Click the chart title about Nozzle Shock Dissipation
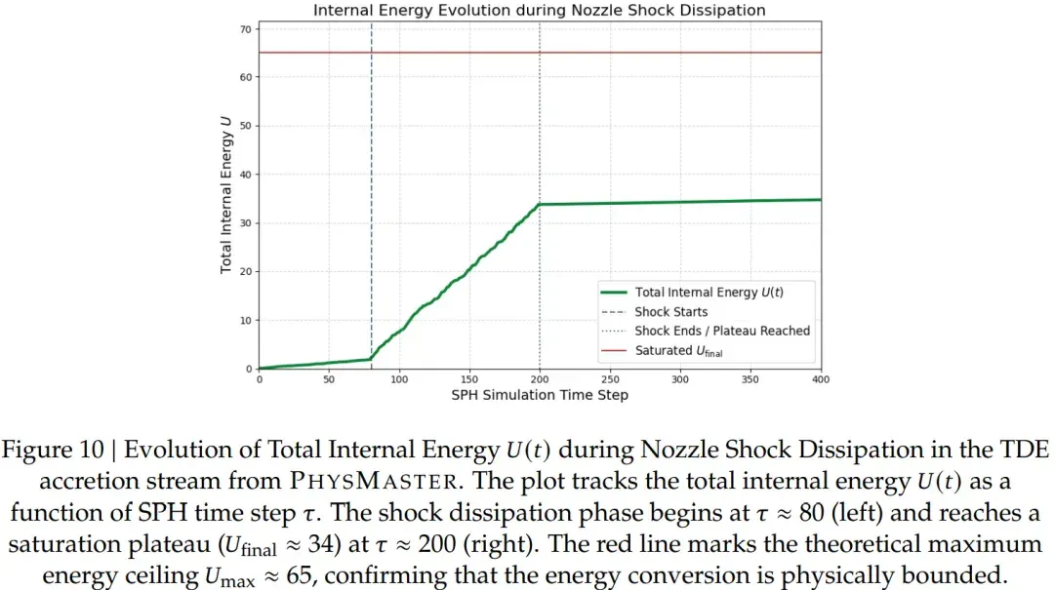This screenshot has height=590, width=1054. (539, 10)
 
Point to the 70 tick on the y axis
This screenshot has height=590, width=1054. (245, 29)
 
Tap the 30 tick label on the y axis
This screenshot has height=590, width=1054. (245, 223)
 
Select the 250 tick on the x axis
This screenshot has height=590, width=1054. (610, 379)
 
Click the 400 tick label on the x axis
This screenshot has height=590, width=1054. (820, 379)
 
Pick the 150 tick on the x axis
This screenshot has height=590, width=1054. (469, 379)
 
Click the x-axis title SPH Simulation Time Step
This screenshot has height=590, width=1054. (540, 395)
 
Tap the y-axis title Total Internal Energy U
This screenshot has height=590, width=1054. (225, 195)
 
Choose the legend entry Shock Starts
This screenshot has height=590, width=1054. (670, 312)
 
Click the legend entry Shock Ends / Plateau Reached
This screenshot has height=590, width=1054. (722, 331)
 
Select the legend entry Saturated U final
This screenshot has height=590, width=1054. (679, 351)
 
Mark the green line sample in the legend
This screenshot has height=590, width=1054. (614, 293)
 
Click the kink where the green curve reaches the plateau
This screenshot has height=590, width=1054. (540, 204)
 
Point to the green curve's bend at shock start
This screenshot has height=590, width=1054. (371, 359)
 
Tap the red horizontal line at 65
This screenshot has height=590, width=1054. (540, 53)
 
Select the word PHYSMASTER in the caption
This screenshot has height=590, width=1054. (375, 481)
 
